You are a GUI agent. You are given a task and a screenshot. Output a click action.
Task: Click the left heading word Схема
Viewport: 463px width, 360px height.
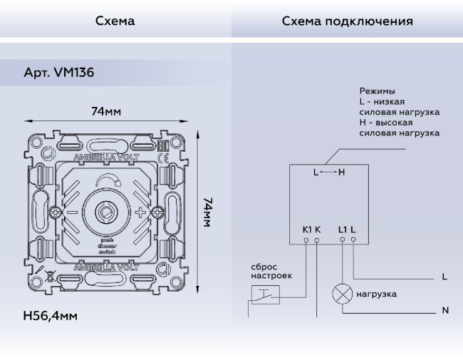click(x=115, y=21)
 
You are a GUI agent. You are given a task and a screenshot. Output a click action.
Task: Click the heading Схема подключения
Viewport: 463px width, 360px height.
click(x=347, y=21)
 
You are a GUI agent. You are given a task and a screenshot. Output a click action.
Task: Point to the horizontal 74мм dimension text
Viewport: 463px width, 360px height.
click(x=105, y=111)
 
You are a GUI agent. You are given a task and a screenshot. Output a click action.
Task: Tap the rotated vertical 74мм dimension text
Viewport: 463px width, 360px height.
click(x=207, y=212)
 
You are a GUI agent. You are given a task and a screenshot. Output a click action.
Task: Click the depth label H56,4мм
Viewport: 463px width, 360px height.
click(x=49, y=314)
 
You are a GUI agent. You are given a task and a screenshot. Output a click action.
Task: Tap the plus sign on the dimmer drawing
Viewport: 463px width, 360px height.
click(x=140, y=212)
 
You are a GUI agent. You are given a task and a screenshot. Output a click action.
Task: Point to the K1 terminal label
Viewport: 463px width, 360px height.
click(x=307, y=229)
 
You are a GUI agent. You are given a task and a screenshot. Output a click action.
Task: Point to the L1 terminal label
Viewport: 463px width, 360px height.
click(x=343, y=229)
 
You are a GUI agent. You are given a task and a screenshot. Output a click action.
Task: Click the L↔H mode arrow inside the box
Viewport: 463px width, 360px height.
click(x=328, y=173)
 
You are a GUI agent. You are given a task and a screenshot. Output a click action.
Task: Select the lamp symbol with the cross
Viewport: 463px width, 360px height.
click(x=343, y=294)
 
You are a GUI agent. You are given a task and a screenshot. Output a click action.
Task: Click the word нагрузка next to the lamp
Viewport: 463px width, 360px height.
click(x=377, y=294)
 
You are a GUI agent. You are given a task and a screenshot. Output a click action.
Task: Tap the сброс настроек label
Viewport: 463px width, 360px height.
click(x=271, y=271)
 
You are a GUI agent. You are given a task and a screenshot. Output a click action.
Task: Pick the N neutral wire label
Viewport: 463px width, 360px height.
click(x=444, y=311)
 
